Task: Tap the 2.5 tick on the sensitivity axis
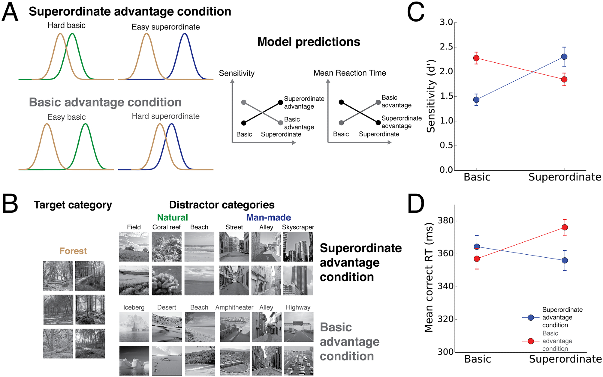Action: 446,47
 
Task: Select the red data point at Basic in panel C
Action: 476,58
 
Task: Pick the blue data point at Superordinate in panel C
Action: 564,57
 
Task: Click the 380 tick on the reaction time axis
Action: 446,221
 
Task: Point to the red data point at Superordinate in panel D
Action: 565,227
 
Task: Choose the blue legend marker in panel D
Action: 531,317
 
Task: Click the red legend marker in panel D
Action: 531,341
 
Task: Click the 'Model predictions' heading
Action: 308,42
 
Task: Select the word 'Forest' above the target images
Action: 73,251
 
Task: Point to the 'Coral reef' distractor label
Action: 166,227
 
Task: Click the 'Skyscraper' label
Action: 298,227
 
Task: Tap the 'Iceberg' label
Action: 134,307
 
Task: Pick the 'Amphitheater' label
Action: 234,307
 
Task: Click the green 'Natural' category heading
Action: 172,217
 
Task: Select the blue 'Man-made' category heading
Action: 268,217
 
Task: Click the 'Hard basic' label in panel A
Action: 66,26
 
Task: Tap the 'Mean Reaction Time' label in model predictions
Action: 350,73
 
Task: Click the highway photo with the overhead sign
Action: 298,327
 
